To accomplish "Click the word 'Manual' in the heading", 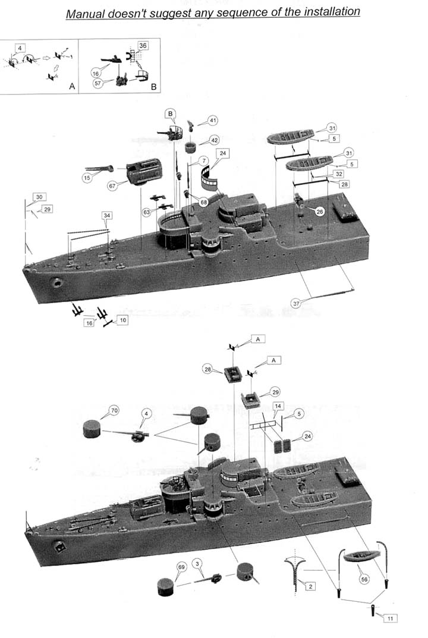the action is point(86,14).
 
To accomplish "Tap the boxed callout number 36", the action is point(143,46).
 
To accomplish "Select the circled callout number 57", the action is point(97,83).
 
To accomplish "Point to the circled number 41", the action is point(213,121).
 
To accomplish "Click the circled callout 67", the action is point(112,186).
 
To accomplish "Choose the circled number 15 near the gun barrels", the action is point(87,178).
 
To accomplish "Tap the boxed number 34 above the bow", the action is point(106,215).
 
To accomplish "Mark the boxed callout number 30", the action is point(39,197).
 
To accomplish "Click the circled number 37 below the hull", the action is point(296,303).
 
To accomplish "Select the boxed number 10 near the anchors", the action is point(123,320).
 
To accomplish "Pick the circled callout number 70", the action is point(114,410).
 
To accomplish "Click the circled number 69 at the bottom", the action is point(181,567).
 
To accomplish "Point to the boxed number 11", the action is point(390,618).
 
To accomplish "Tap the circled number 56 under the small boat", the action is point(364,579).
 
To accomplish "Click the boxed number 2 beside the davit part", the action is point(310,586).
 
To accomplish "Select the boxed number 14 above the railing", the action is point(278,406).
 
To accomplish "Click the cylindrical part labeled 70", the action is point(92,429).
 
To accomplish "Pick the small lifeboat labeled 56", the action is point(361,556).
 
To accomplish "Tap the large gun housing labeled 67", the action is point(144,171).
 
